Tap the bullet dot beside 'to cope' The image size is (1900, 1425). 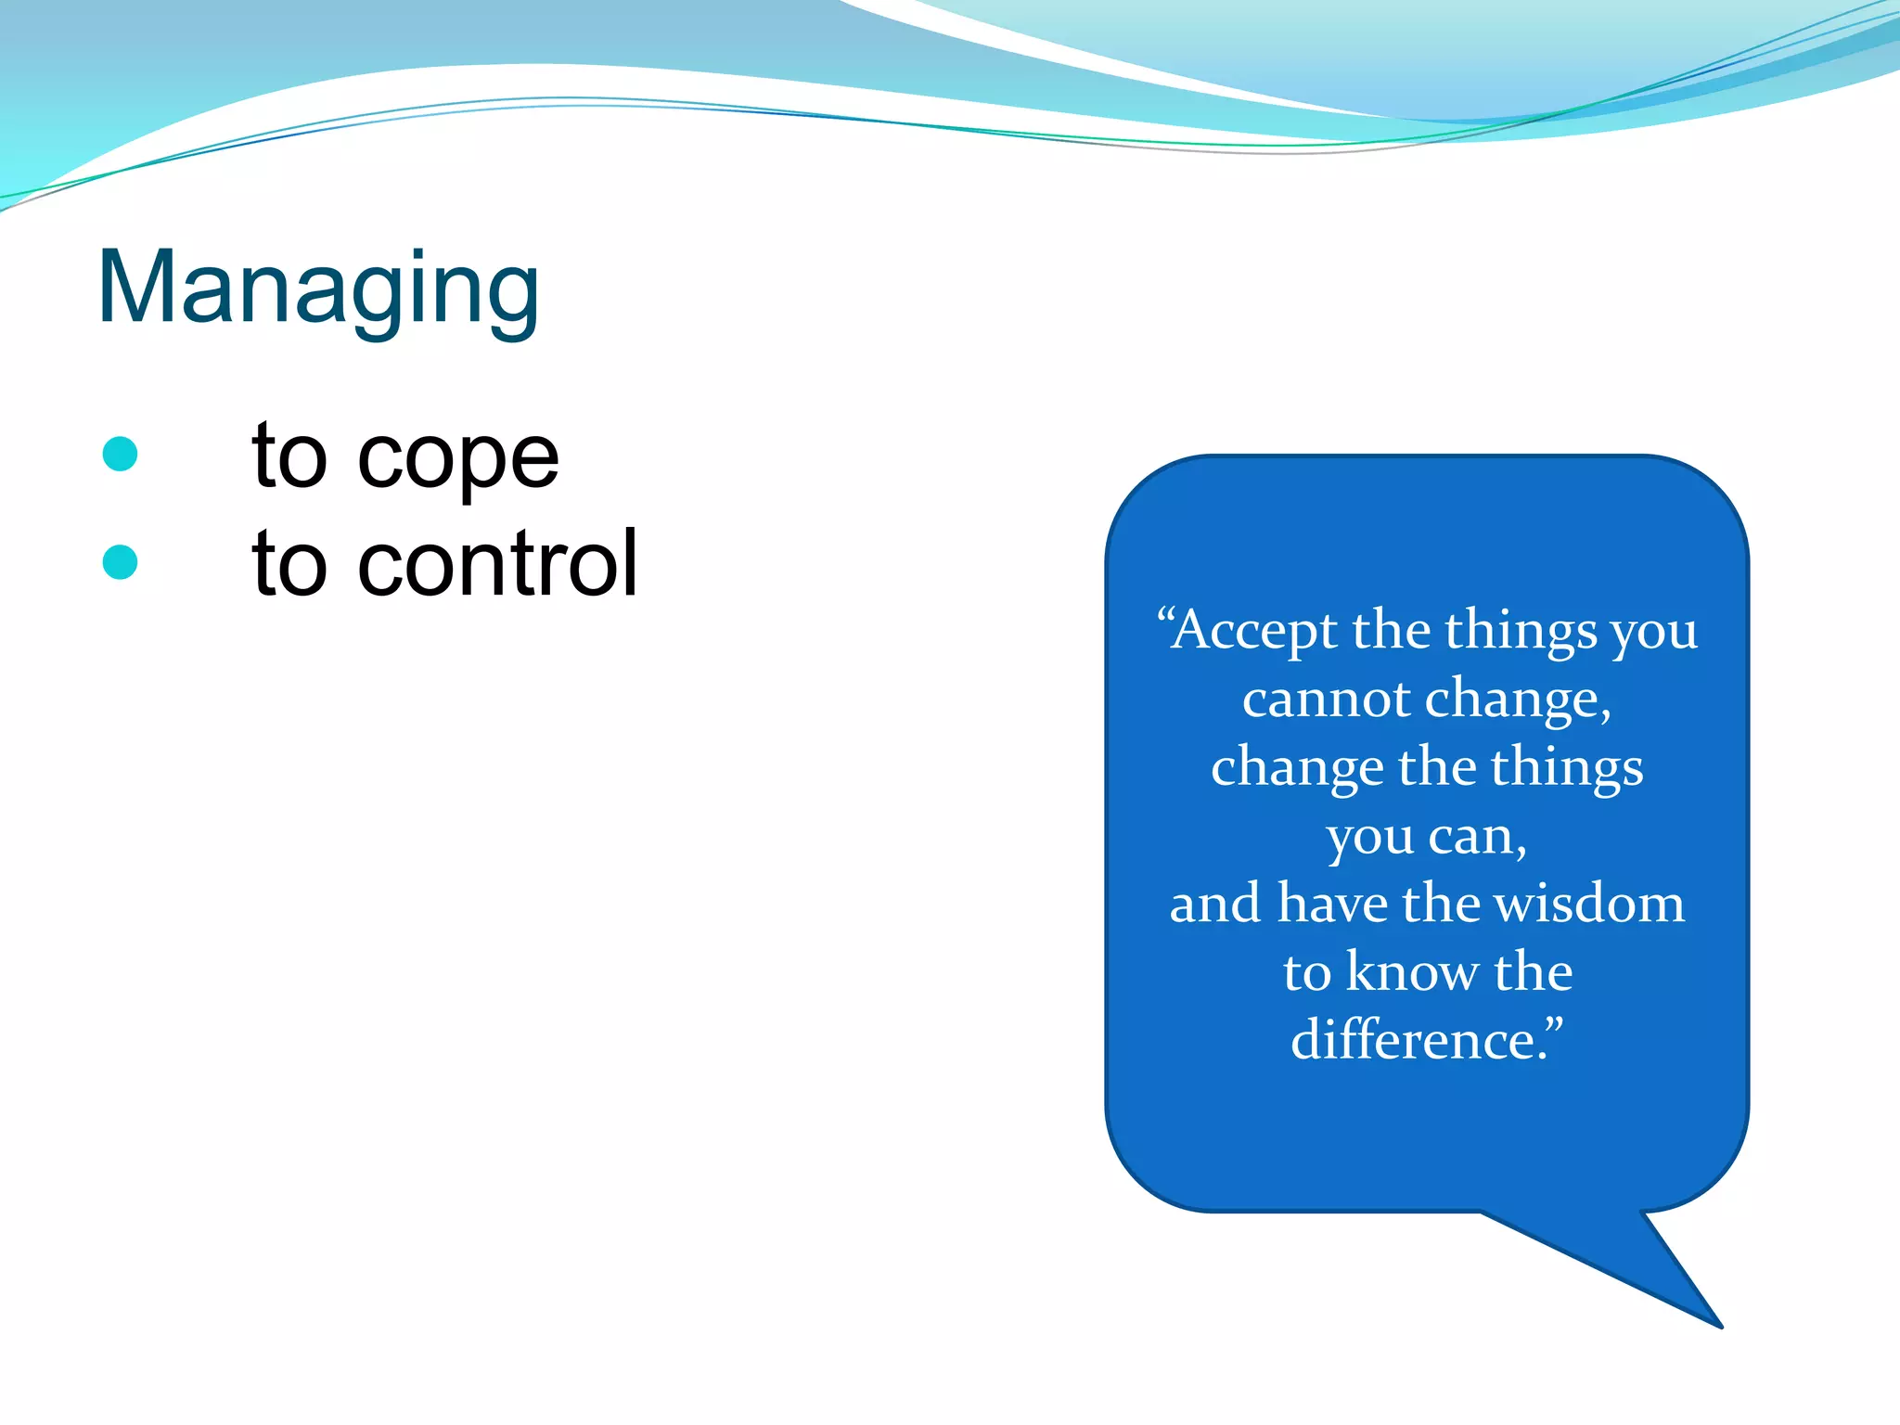(x=121, y=455)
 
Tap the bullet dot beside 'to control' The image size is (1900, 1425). (x=121, y=562)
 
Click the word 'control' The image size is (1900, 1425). (x=498, y=563)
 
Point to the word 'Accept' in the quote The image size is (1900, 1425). (x=1253, y=631)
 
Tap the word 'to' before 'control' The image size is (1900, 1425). (x=289, y=564)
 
